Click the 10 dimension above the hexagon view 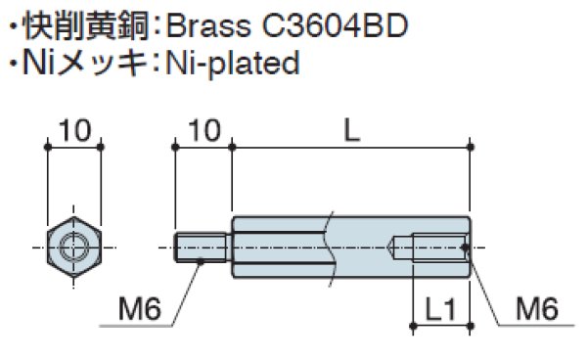(x=73, y=129)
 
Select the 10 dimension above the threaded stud (x=203, y=129)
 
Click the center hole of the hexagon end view (x=73, y=247)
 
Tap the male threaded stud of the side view (x=203, y=247)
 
